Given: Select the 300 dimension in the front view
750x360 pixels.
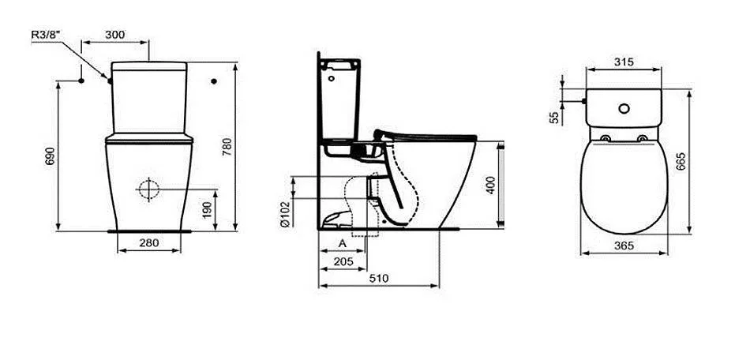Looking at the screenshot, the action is (114, 35).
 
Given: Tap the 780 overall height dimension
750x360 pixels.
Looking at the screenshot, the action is (227, 146).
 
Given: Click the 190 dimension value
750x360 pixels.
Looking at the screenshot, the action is (207, 210).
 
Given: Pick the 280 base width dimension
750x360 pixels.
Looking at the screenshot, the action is (148, 243).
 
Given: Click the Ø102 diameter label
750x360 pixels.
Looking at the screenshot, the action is (284, 212).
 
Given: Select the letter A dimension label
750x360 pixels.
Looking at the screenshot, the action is (343, 243).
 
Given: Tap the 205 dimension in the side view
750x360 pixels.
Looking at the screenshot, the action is (343, 261).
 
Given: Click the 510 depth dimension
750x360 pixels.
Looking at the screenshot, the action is (379, 278).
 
